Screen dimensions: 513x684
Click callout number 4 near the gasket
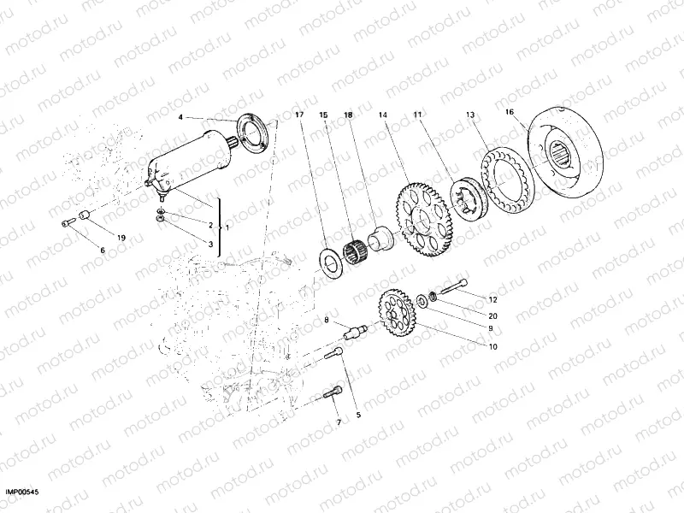(180, 116)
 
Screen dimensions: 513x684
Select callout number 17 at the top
(298, 114)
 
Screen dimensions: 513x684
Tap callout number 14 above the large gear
(382, 114)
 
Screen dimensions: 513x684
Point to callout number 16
(510, 112)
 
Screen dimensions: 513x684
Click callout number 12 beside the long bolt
(492, 299)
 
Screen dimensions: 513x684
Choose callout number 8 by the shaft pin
(326, 321)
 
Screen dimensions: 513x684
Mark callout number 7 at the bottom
(338, 422)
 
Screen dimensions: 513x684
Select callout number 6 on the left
(103, 250)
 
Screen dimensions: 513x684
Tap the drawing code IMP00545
(23, 492)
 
